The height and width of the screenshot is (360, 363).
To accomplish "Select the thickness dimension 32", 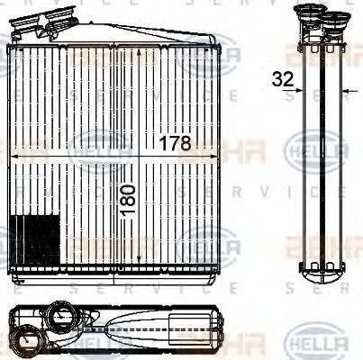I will (282, 79).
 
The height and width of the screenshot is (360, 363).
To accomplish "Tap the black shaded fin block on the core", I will (35, 240).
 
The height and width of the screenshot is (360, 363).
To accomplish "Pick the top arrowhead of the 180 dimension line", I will (138, 52).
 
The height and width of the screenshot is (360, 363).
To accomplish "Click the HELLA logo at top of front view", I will (209, 59).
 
